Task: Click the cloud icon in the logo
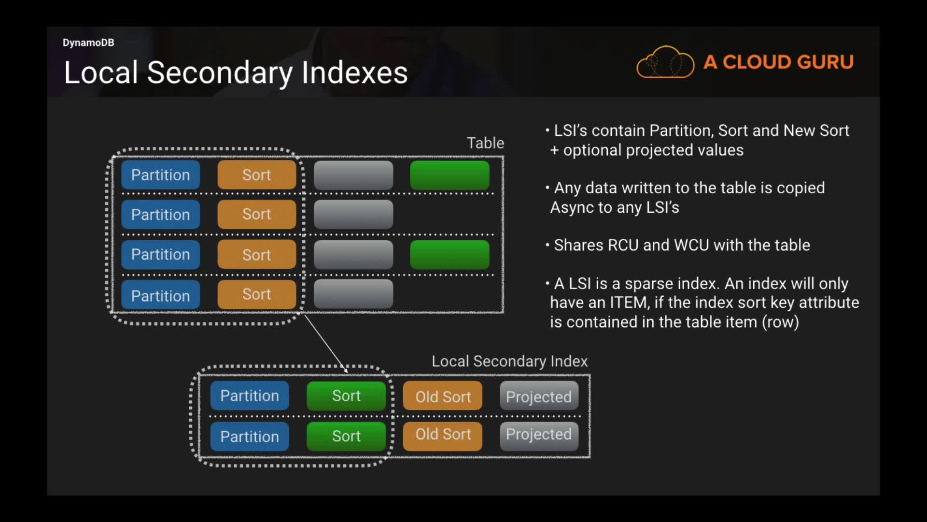pyautogui.click(x=665, y=62)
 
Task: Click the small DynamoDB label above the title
pyautogui.click(x=88, y=43)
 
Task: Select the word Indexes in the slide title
pyautogui.click(x=354, y=72)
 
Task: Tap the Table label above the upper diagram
pyautogui.click(x=485, y=143)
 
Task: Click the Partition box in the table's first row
pyautogui.click(x=160, y=175)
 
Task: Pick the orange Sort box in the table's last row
pyautogui.click(x=256, y=294)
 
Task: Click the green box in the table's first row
pyautogui.click(x=449, y=175)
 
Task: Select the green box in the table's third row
pyautogui.click(x=449, y=255)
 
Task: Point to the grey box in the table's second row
pyautogui.click(x=353, y=215)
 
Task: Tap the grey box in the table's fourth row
pyautogui.click(x=353, y=294)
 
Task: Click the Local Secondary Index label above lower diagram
pyautogui.click(x=509, y=361)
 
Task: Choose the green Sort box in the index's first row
pyautogui.click(x=346, y=396)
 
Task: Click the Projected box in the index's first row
pyautogui.click(x=539, y=396)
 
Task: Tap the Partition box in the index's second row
pyautogui.click(x=250, y=436)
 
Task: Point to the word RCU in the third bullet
pyautogui.click(x=623, y=245)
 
